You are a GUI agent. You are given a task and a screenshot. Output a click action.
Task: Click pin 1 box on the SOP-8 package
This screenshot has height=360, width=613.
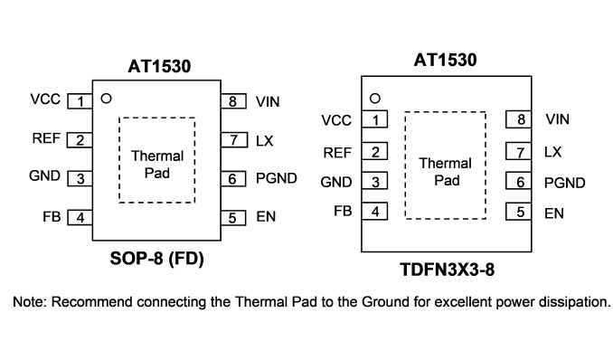pyautogui.click(x=80, y=101)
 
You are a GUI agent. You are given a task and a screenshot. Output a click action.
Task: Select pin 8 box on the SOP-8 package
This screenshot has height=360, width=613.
pyautogui.click(x=233, y=101)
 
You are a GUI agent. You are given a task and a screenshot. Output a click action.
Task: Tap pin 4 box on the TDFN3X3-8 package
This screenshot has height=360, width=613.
pyautogui.click(x=374, y=212)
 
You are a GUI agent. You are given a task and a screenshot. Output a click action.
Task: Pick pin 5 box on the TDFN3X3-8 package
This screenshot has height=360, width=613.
pyautogui.click(x=518, y=212)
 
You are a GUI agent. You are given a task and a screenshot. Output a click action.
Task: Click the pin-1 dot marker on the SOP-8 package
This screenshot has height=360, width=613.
pyautogui.click(x=106, y=99)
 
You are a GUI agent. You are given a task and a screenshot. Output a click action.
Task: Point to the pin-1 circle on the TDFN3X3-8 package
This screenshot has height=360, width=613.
pyautogui.click(x=375, y=99)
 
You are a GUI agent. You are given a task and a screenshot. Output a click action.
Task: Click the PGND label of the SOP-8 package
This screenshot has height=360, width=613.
pyautogui.click(x=277, y=178)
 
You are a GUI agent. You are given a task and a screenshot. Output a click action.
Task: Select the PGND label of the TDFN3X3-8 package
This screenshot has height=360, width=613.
pyautogui.click(x=564, y=183)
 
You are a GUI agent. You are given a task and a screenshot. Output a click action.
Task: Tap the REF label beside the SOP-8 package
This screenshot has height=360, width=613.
pyautogui.click(x=46, y=138)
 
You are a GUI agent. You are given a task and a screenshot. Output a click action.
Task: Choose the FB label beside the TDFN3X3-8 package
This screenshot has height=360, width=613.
pyautogui.click(x=343, y=211)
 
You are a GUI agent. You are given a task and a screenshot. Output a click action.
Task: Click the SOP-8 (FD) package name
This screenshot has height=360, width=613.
pyautogui.click(x=156, y=259)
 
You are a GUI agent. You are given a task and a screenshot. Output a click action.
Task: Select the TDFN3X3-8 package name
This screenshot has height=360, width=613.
pyautogui.click(x=447, y=270)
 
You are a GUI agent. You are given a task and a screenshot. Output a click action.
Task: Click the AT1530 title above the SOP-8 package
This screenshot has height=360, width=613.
pyautogui.click(x=159, y=66)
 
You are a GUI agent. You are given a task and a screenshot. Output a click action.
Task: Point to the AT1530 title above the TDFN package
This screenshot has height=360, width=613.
pyautogui.click(x=446, y=60)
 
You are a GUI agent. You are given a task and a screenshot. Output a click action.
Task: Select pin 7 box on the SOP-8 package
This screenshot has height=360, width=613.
pyautogui.click(x=234, y=139)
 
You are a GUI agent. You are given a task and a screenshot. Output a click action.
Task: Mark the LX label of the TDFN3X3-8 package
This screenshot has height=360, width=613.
pyautogui.click(x=552, y=152)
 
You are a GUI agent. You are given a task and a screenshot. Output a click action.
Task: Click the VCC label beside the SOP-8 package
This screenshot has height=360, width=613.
pyautogui.click(x=45, y=99)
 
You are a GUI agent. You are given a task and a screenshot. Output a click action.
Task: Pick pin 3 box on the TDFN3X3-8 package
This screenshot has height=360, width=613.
pyautogui.click(x=374, y=181)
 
